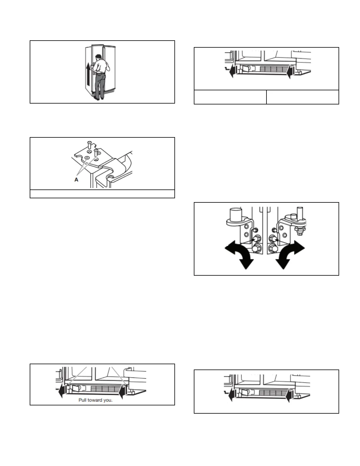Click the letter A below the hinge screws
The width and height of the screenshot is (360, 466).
point(76,180)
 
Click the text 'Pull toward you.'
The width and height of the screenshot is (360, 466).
point(95,400)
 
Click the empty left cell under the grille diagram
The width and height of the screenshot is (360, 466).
point(230,97)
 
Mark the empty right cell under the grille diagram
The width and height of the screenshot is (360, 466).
point(303,97)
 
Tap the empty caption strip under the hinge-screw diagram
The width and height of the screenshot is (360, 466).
point(102,194)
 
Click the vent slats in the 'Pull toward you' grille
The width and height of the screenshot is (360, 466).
point(103,389)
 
